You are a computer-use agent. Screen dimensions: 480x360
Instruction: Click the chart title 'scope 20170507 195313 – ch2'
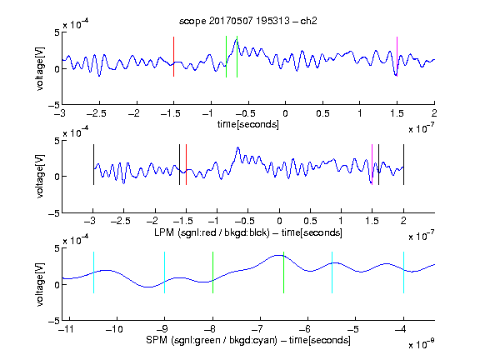tap(248, 21)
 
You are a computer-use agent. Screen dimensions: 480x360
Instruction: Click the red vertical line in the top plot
tap(173, 57)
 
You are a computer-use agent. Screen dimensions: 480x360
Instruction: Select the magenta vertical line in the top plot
tap(397, 57)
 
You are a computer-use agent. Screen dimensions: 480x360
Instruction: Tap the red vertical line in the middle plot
tap(186, 165)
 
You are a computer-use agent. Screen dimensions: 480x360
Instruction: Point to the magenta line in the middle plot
tap(372, 165)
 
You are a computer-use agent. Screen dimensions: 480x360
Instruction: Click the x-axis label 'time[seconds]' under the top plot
tap(248, 124)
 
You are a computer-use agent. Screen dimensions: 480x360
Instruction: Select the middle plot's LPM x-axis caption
tap(248, 232)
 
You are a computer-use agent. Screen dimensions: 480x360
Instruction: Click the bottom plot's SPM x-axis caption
tap(248, 340)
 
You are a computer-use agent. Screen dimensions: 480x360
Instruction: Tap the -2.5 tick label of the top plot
tap(97, 113)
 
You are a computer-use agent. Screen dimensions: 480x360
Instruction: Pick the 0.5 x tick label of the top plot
tap(322, 113)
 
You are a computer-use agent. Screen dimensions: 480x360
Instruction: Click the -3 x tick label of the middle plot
tap(91, 221)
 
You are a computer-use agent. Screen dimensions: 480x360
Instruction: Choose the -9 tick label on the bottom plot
tap(162, 329)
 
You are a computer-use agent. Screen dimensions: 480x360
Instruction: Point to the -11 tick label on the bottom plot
tap(67, 329)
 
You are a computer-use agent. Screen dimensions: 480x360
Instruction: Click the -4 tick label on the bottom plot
tap(401, 329)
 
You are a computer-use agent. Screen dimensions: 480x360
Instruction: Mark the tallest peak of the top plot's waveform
tap(236, 39)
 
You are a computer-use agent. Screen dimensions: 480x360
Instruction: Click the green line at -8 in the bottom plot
tap(212, 272)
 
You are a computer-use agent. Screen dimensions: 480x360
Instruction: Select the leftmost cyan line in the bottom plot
tap(93, 272)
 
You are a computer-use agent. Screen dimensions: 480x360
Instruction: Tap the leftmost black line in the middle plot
tap(93, 165)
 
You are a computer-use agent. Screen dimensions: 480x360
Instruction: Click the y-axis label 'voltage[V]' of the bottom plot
tap(40, 285)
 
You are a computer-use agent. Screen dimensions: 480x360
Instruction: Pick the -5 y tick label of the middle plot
tap(54, 213)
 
